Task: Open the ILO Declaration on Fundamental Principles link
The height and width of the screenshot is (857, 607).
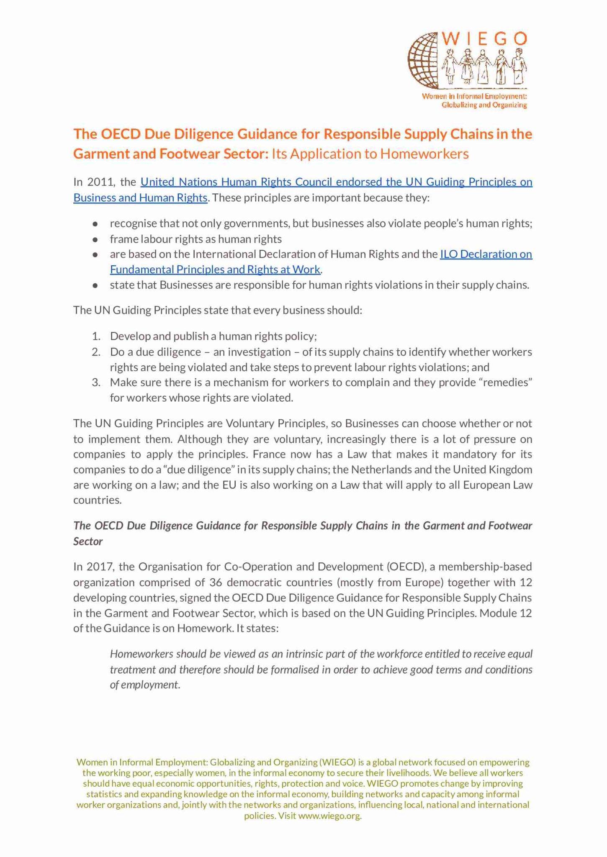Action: [486, 254]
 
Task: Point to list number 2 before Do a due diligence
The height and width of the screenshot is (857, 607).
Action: [96, 352]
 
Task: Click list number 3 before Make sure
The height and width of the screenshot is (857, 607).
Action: [96, 382]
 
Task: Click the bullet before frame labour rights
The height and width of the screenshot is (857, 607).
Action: [95, 239]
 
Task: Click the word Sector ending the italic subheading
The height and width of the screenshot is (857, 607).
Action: [88, 541]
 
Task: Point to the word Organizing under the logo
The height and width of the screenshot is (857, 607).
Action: [509, 105]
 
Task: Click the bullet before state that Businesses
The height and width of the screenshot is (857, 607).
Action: [95, 285]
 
